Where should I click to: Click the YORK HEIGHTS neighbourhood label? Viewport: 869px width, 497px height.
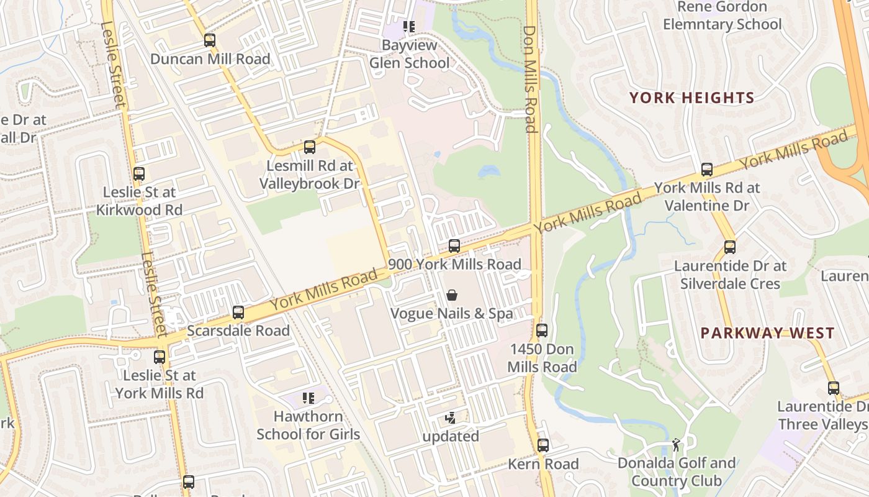point(691,98)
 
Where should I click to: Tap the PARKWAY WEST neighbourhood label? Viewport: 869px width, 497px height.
point(767,333)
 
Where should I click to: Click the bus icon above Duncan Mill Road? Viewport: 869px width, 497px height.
point(210,40)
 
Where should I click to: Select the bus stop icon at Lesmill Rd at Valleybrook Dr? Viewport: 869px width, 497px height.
point(309,147)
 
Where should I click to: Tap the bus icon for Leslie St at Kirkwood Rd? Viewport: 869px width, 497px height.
point(139,174)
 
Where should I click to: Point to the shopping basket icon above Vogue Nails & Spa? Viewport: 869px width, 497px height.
point(452,294)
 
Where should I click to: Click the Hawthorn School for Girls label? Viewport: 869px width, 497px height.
point(308,425)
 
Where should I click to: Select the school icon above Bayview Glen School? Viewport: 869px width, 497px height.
point(408,27)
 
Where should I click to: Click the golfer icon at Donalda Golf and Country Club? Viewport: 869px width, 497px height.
point(676,445)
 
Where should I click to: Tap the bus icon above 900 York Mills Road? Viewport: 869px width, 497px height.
point(454,246)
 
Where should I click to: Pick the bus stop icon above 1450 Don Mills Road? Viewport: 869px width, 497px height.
point(542,331)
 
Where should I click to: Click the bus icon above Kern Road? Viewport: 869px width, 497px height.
point(543,445)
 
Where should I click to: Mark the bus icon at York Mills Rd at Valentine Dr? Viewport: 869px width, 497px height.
point(706,169)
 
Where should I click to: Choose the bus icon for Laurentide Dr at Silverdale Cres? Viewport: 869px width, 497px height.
point(730,247)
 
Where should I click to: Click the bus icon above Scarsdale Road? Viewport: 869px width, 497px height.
point(238,312)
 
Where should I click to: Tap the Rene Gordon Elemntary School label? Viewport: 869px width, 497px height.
point(722,16)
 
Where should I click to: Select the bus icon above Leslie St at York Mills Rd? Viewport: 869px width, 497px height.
point(160,357)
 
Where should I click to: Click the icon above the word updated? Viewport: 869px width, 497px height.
point(451,418)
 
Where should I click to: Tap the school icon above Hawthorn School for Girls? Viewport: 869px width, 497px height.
point(308,398)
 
